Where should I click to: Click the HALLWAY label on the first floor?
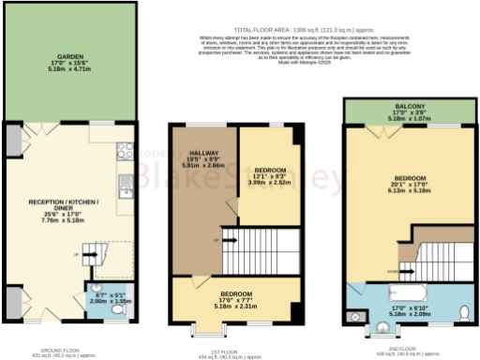coord(202,153)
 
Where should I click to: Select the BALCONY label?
coord(409,108)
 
